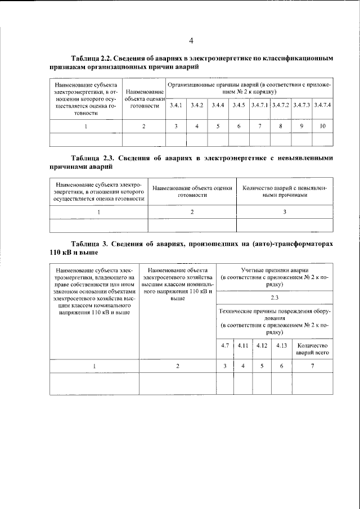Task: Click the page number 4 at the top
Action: pos(191,40)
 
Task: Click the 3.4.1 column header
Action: pos(176,105)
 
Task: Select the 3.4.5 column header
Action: pos(238,105)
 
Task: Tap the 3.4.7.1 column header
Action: pos(260,105)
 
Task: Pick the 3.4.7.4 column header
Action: pos(322,105)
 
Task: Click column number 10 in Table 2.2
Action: pos(322,126)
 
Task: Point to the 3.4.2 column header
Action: pos(197,105)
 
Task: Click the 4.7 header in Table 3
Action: pos(225,345)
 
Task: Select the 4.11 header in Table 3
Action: pos(243,345)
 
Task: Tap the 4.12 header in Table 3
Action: pos(262,345)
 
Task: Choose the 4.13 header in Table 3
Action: pos(281,345)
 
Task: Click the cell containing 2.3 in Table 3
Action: pos(275,297)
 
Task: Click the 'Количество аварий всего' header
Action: pos(312,349)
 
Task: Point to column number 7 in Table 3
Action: pos(312,366)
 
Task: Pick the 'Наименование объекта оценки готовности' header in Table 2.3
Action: pos(192,191)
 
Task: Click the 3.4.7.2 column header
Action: pos(281,105)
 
